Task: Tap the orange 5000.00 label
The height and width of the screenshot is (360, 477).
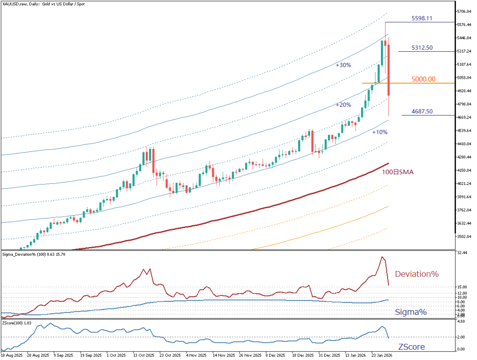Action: (x=423, y=79)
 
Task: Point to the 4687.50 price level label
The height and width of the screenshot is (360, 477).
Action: (x=422, y=111)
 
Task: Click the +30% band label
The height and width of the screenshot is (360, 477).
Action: (x=343, y=66)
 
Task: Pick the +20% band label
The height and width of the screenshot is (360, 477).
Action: (x=343, y=105)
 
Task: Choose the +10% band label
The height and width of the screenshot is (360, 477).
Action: (x=380, y=132)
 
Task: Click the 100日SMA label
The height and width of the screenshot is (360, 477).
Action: (x=397, y=172)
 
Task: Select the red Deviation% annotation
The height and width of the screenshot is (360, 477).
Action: (x=417, y=274)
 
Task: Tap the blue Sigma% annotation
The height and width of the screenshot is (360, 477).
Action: (x=411, y=312)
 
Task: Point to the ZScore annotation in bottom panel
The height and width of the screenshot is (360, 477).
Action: (x=411, y=347)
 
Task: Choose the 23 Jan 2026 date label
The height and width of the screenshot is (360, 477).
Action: (x=381, y=354)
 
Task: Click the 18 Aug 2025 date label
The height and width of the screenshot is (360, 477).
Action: (x=13, y=354)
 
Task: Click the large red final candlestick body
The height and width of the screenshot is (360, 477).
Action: (x=389, y=70)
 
